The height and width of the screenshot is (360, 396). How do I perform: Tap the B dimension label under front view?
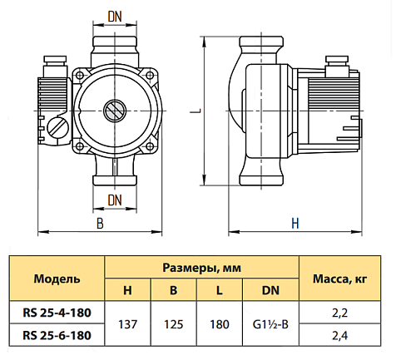point(100,224)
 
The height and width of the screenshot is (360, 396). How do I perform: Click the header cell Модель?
point(57,278)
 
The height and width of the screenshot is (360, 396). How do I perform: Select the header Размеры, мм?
point(201,268)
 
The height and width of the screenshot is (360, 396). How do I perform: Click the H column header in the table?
point(127,290)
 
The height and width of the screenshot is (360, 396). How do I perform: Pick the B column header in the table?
point(173,290)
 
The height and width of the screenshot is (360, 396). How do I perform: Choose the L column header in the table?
point(219,290)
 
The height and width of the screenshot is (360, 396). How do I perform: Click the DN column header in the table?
point(270,290)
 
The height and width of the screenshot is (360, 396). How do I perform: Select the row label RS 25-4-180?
point(57,313)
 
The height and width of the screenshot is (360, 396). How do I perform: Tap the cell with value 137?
point(127,323)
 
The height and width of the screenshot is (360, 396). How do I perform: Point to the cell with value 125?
point(173,323)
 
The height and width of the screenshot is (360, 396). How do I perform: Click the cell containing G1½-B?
point(270,323)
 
